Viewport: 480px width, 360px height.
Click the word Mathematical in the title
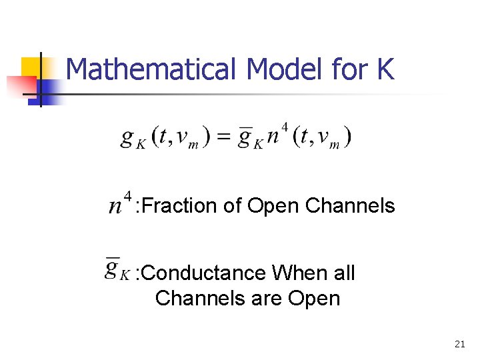(153, 69)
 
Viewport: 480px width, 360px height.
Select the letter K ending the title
(385, 69)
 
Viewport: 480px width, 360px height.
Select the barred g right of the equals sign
(247, 138)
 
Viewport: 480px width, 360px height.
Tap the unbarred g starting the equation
(127, 138)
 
